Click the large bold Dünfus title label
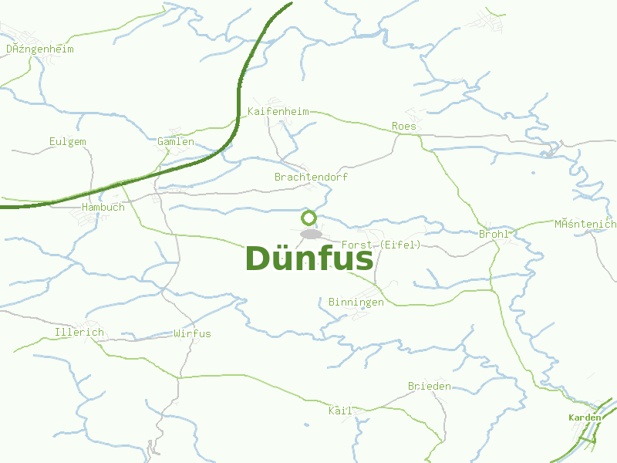point(309,259)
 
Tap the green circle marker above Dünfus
point(309,218)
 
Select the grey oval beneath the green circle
point(310,234)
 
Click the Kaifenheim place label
point(278,111)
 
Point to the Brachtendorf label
point(311,177)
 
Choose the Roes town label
point(403,126)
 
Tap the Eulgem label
point(67,141)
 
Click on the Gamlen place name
point(176,141)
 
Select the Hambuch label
point(103,207)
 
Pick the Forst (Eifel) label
point(381,245)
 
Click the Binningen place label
point(356,302)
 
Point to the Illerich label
point(79,333)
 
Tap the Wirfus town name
point(192,333)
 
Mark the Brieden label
point(430,386)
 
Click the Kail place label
point(340,411)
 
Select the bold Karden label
point(585,417)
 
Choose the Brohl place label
point(494,233)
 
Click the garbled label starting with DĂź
point(40,49)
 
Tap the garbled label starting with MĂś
point(585,224)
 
